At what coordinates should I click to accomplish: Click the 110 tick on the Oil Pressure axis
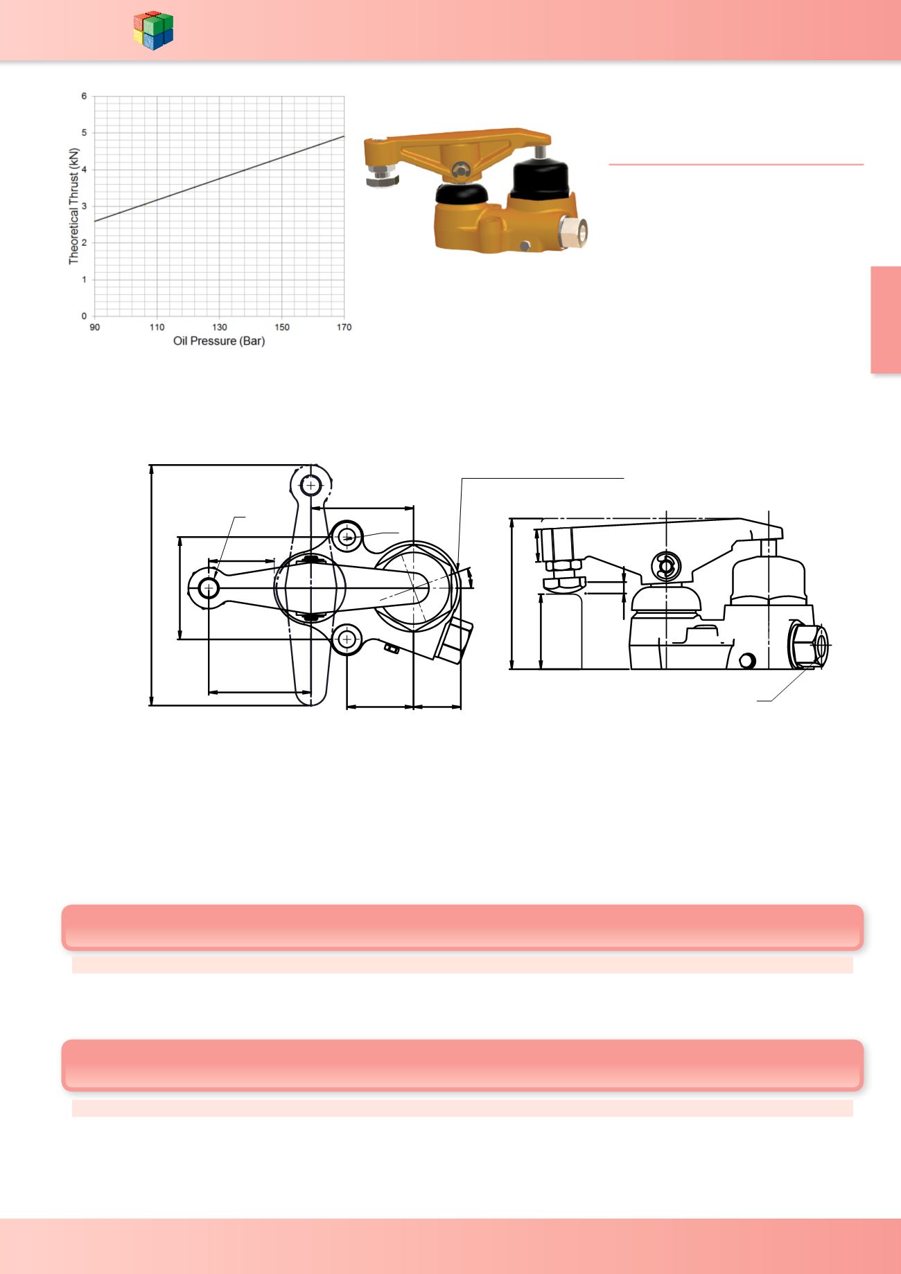pyautogui.click(x=157, y=327)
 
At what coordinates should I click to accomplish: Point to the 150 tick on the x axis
pyautogui.click(x=282, y=327)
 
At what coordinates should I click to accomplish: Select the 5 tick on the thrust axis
pyautogui.click(x=84, y=132)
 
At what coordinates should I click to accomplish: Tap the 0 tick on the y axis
pyautogui.click(x=84, y=316)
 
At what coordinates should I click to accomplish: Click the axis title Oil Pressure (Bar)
pyautogui.click(x=219, y=342)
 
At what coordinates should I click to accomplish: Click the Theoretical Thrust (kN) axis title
pyautogui.click(x=74, y=206)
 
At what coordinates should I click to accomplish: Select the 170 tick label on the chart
pyautogui.click(x=344, y=327)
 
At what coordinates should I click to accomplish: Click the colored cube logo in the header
pyautogui.click(x=153, y=30)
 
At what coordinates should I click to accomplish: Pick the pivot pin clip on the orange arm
pyautogui.click(x=460, y=168)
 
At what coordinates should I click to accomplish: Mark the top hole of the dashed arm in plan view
pyautogui.click(x=311, y=485)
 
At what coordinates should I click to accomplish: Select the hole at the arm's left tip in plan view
pyautogui.click(x=208, y=588)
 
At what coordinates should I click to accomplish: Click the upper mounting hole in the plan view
pyautogui.click(x=347, y=536)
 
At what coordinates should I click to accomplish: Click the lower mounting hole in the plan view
pyautogui.click(x=347, y=639)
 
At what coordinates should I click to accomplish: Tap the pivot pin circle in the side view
pyautogui.click(x=666, y=566)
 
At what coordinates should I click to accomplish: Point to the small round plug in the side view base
pyautogui.click(x=746, y=660)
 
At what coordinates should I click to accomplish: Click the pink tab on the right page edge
pyautogui.click(x=886, y=320)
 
